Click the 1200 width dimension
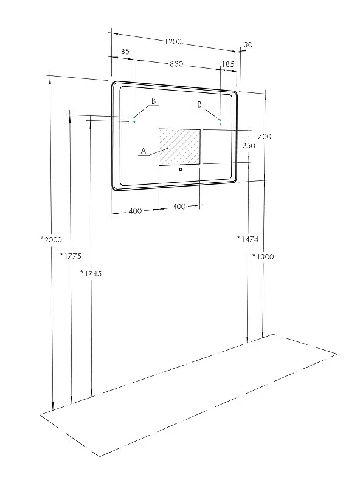click(173, 41)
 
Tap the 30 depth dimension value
click(248, 44)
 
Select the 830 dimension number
click(176, 64)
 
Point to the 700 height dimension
click(265, 136)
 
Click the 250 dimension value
click(249, 145)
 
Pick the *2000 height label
click(52, 239)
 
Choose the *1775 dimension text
click(71, 256)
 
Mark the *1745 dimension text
click(91, 273)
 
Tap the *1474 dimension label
click(247, 239)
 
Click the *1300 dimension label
click(263, 256)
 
